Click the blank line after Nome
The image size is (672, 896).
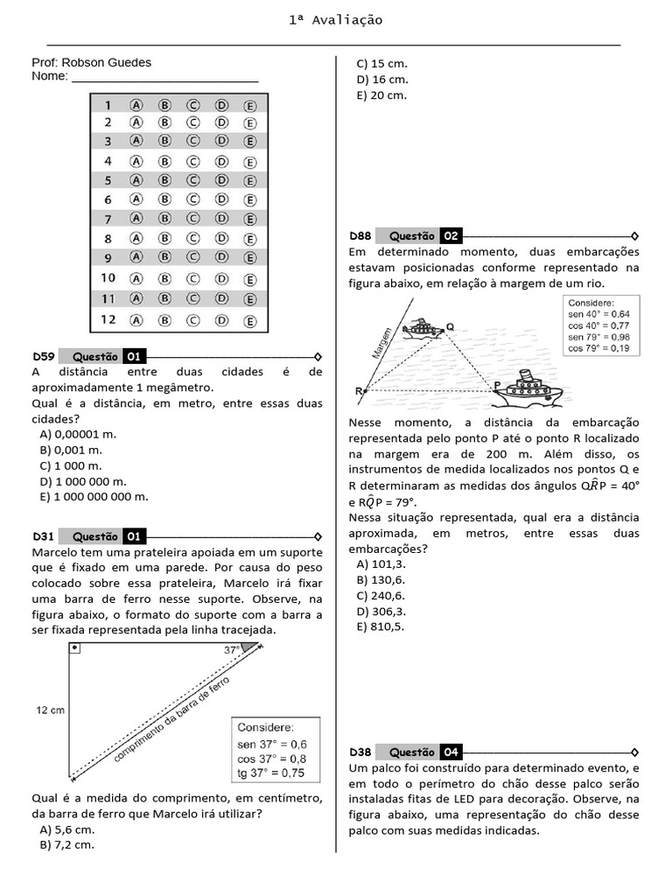164,78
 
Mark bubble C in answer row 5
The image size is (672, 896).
192,180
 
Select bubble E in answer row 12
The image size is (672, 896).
250,321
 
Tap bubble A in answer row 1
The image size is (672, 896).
136,104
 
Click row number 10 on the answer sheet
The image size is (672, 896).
108,277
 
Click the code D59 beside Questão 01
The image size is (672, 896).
44,356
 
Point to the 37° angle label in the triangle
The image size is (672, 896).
232,650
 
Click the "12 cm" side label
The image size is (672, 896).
51,710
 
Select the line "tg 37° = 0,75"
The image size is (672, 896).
270,773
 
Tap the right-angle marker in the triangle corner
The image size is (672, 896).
74,647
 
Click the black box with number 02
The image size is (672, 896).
450,235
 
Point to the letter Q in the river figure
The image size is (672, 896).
450,325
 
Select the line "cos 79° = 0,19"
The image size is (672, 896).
598,347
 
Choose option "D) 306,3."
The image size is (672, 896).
381,611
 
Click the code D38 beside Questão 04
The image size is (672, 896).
360,752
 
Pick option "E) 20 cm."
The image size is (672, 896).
381,94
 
